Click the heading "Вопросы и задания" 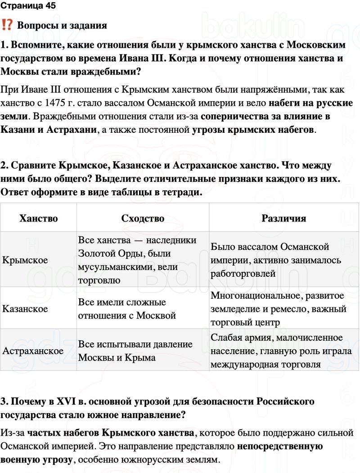click(62, 25)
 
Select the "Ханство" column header click(39, 218)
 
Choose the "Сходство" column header click(143, 218)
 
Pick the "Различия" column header click(283, 218)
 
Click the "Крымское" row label click(25, 260)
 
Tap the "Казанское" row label click(25, 309)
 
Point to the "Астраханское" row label click(33, 351)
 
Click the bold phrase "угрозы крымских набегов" click(253, 130)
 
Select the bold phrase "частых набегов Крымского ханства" click(111, 433)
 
